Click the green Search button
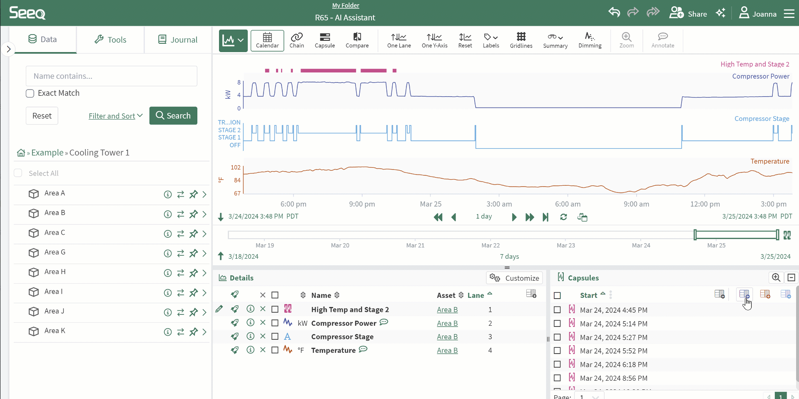click(173, 116)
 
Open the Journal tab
click(178, 40)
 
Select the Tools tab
click(110, 40)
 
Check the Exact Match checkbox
click(30, 93)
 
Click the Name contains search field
click(111, 76)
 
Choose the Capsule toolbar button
click(325, 40)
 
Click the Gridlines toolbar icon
click(521, 40)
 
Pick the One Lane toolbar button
click(399, 40)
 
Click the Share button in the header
click(688, 14)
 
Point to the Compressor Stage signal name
click(342, 337)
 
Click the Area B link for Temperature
click(447, 351)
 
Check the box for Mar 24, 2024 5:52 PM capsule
click(557, 351)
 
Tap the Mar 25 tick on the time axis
click(431, 204)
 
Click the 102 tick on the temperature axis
click(236, 167)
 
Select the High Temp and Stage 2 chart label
click(754, 64)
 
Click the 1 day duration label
click(484, 217)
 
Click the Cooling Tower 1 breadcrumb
click(99, 153)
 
